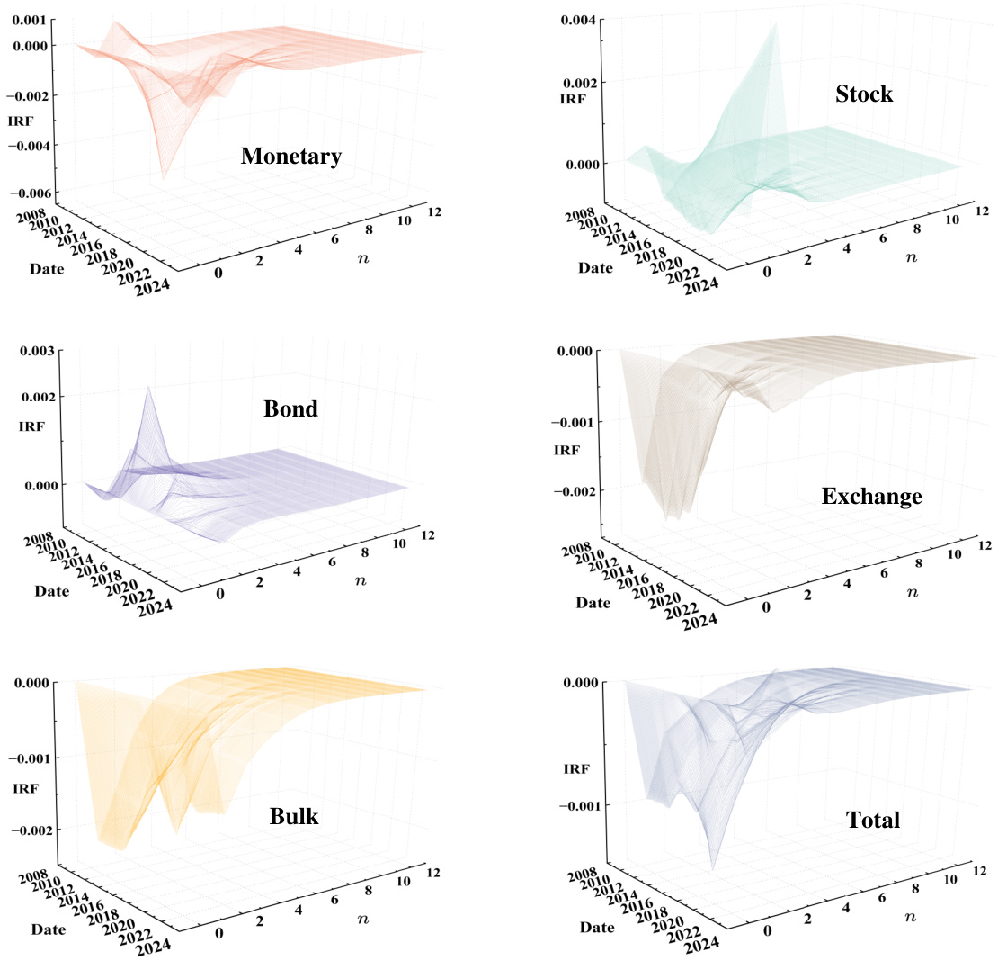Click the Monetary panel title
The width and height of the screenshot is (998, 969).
[290, 157]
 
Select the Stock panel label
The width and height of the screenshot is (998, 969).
[863, 93]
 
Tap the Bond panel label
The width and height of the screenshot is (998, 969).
[290, 408]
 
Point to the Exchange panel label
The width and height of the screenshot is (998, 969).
[871, 495]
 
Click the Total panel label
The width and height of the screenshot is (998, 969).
[872, 820]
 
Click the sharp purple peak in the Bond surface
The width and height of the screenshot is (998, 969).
[148, 388]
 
